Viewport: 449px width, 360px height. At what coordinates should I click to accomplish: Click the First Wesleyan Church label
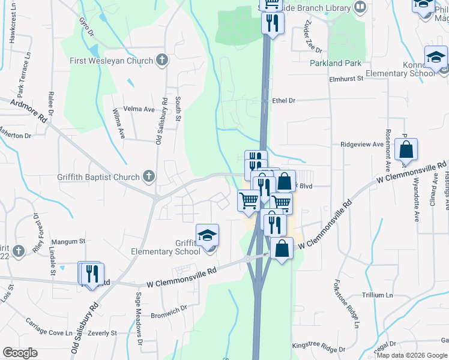pos(112,61)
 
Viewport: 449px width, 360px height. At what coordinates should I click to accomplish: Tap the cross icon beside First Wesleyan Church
pos(161,60)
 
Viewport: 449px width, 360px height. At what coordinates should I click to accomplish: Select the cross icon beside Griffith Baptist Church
pos(149,176)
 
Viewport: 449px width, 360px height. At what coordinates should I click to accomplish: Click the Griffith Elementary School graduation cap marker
pos(207,235)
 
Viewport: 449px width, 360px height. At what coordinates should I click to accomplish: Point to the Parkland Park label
pos(335,63)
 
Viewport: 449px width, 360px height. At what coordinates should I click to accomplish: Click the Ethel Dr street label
pos(284,101)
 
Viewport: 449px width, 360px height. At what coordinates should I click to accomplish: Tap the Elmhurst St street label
pos(346,79)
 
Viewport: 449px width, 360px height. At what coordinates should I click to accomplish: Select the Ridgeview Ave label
pos(361,145)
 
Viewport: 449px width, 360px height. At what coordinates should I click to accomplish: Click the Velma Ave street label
pos(139,109)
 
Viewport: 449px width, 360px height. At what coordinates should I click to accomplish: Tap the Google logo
pos(20,353)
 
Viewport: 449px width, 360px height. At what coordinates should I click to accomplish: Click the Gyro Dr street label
pos(88,26)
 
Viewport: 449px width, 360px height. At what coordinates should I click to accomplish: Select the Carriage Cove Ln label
pos(49,332)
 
